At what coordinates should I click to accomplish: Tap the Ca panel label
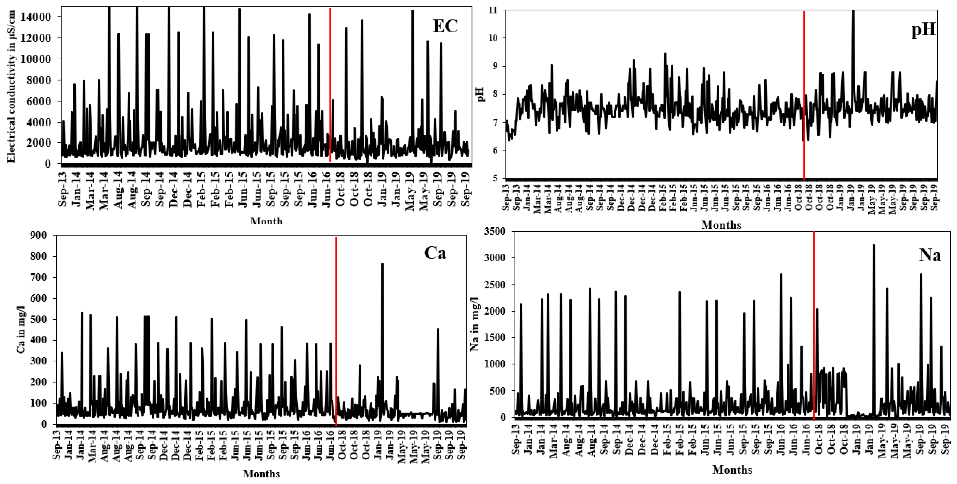tap(435, 253)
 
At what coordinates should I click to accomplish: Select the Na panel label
tap(929, 256)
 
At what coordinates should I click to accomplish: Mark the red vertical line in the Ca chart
tap(336, 331)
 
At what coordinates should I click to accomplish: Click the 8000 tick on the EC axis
tap(42, 80)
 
